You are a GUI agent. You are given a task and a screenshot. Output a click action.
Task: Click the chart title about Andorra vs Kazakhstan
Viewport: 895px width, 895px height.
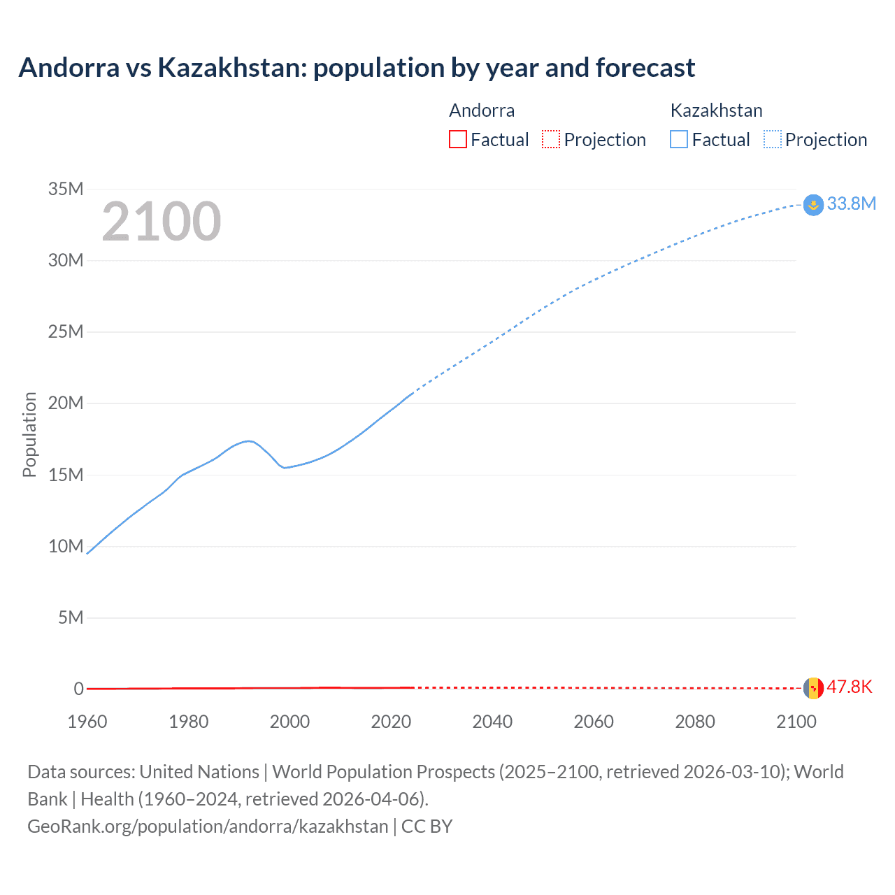tap(357, 68)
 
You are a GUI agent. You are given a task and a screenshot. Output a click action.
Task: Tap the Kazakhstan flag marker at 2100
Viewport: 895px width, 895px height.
tap(813, 205)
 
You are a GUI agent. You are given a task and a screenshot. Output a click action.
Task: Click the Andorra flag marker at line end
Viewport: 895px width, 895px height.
tap(813, 688)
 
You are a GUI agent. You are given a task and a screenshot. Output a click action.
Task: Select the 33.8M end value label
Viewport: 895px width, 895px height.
tap(851, 203)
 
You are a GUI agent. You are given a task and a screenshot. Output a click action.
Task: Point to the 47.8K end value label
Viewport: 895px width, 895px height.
tap(850, 687)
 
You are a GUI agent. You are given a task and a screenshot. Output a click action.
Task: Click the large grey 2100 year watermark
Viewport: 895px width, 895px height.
tap(162, 222)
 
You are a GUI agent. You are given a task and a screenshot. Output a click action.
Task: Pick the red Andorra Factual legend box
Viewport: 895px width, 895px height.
tap(457, 139)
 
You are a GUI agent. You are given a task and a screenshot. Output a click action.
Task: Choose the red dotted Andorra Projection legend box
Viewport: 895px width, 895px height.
tap(551, 139)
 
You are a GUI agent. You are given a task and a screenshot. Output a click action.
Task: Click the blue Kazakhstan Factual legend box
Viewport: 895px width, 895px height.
tap(679, 139)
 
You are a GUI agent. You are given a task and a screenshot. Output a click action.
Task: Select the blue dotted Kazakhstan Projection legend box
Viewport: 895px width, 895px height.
tap(773, 139)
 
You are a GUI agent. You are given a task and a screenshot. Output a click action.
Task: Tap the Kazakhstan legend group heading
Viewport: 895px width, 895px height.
tap(716, 110)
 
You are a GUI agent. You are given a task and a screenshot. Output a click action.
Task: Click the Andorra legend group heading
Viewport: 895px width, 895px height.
tap(482, 110)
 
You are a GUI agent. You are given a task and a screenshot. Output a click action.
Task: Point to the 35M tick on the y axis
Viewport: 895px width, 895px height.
tap(66, 189)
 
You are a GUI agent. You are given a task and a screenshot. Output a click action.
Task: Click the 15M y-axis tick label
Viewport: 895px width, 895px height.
tap(66, 475)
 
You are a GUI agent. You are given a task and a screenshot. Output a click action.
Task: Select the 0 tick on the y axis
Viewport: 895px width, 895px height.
tap(78, 689)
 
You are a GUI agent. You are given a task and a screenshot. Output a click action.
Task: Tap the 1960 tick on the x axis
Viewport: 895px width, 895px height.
tap(87, 722)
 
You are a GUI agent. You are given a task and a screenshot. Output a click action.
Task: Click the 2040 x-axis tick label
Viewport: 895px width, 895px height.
tap(492, 722)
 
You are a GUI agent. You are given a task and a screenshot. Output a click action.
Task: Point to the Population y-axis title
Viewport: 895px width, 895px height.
tap(29, 434)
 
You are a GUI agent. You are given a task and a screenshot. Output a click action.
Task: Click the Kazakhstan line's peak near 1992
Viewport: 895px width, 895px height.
tap(249, 441)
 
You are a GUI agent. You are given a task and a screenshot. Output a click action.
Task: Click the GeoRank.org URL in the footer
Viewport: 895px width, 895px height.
tap(208, 826)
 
